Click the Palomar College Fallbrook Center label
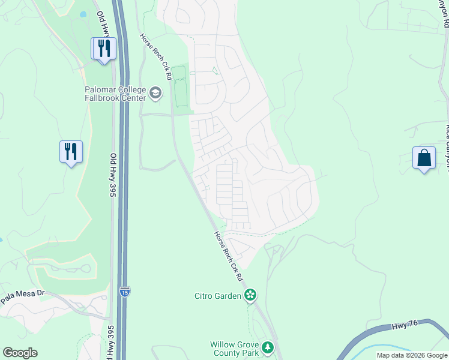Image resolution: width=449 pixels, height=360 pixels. pyautogui.click(x=115, y=93)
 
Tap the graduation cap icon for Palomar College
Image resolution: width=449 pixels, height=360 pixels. pyautogui.click(x=155, y=92)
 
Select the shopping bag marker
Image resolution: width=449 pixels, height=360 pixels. pyautogui.click(x=424, y=158)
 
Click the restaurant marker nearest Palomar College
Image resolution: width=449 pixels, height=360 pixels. pyautogui.click(x=104, y=48)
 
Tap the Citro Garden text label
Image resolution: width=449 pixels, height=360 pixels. pyautogui.click(x=217, y=295)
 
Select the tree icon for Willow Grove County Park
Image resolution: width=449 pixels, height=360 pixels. pyautogui.click(x=268, y=347)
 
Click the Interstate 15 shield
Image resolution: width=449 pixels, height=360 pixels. pyautogui.click(x=124, y=292)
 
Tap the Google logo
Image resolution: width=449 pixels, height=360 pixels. pyautogui.click(x=20, y=353)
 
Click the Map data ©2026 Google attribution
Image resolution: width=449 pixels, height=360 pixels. pyautogui.click(x=411, y=355)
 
